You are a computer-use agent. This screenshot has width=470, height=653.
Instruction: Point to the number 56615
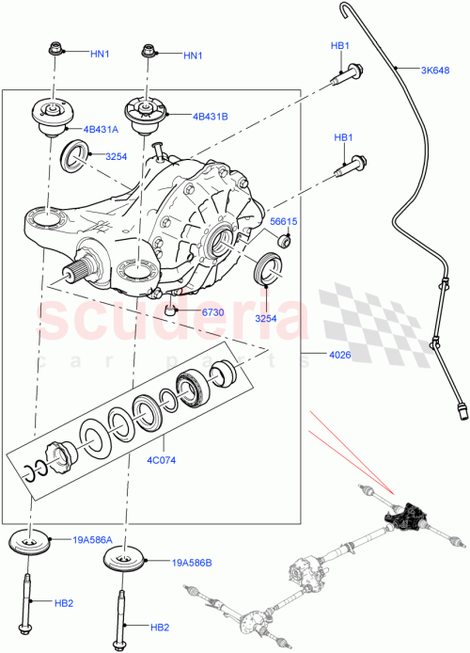(285, 222)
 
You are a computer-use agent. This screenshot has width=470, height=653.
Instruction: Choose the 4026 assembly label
(326, 355)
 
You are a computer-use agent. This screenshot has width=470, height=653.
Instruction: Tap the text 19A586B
(195, 563)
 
